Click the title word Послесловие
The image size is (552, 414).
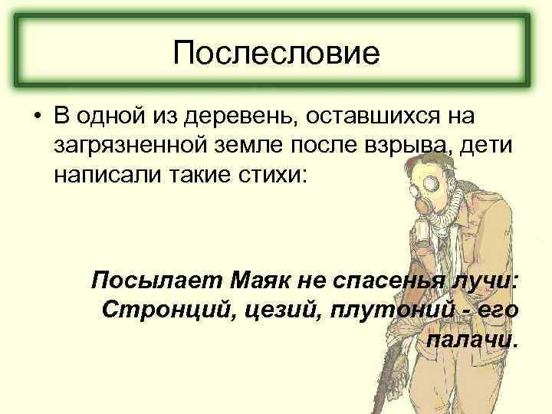(276, 53)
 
